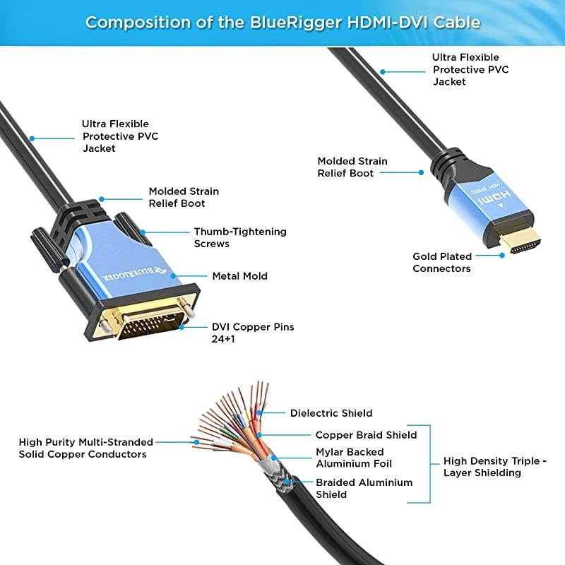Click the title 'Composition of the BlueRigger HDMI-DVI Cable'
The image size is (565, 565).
coord(282,22)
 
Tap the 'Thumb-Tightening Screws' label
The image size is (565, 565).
coord(239,237)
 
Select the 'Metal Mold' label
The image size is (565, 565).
coord(239,276)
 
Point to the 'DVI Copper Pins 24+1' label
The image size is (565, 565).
coord(252,333)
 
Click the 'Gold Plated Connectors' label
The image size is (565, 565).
coord(441,262)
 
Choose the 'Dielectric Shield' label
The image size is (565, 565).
coord(331,413)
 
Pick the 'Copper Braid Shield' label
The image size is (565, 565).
coord(366,435)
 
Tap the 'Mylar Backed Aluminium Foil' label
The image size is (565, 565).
coord(353,458)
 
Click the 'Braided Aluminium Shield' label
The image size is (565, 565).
coord(364,488)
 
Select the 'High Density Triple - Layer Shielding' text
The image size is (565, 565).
coord(495,467)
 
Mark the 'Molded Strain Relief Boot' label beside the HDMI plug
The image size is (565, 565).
coord(352,167)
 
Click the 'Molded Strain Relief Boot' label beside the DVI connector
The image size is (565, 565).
coord(184,197)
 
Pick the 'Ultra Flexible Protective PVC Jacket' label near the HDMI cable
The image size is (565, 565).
coord(470,69)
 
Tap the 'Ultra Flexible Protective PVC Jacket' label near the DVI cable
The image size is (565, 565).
coord(120,136)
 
